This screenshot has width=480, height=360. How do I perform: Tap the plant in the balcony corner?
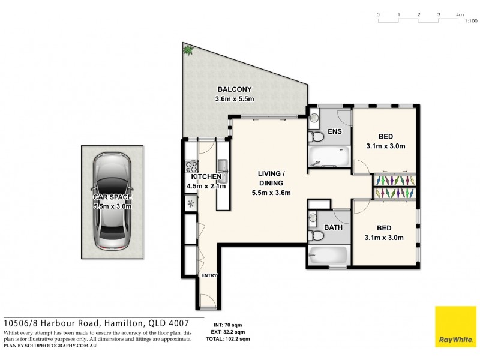coord(188,50)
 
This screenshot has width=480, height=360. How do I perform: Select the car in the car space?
coord(112,201)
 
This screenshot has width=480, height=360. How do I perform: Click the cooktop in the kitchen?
coord(192,164)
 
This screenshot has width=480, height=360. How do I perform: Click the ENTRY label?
coord(209,275)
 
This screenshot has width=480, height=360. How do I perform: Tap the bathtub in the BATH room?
coord(329,255)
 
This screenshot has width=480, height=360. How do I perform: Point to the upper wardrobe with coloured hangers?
coord(394,179)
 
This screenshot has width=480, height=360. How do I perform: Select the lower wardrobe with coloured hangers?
coord(394,193)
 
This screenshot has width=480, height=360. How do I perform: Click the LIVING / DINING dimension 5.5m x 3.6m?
coord(271,193)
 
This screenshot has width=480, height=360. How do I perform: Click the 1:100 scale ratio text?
coord(471,20)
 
